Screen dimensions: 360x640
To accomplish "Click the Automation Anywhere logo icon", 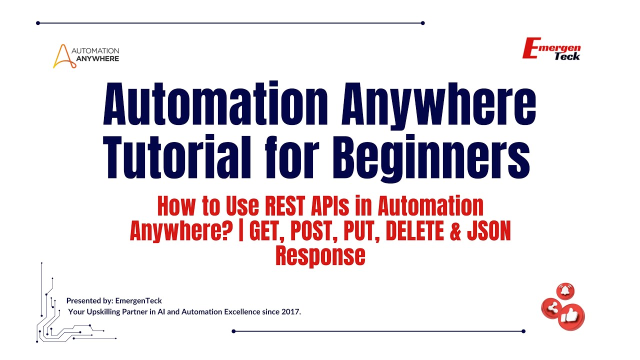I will pos(61,56).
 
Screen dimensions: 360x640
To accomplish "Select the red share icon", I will pos(552,308).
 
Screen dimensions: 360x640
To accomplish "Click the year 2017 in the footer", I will pos(291,312).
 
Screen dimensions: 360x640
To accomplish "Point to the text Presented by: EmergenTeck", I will pos(114,301).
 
